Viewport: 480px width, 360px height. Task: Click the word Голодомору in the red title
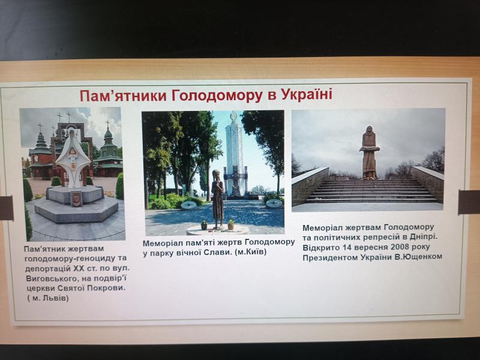coord(217,95)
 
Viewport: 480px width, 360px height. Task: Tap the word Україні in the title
coord(307,94)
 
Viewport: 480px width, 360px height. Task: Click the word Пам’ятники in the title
coord(123,96)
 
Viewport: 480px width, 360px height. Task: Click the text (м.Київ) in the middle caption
coord(251,252)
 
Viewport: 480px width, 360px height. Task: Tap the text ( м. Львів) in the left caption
coord(48,298)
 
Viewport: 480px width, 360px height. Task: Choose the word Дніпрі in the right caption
coord(424,236)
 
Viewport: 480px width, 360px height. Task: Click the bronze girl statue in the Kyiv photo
coord(218,199)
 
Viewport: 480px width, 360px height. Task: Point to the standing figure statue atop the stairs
coord(370,152)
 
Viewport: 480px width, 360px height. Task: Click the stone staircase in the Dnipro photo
coord(371,191)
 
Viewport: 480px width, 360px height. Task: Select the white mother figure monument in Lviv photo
coord(73,158)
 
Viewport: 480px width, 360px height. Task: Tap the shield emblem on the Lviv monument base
coord(76,199)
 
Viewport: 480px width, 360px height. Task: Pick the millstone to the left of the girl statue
coord(188,205)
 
